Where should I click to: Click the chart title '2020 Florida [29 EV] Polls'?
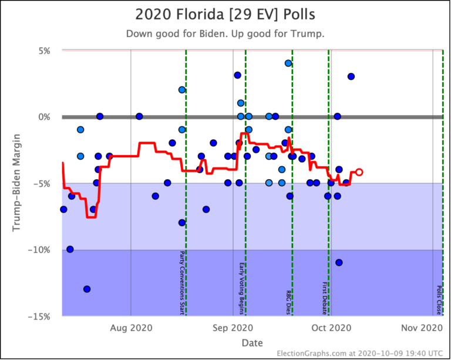coord(225,15)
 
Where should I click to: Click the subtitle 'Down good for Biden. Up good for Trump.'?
coord(225,33)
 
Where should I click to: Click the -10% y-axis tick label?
coord(41,250)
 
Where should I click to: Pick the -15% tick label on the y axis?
coord(41,316)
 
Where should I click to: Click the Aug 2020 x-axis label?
coord(130,328)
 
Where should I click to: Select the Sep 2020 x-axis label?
coord(233,328)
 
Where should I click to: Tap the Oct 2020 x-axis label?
coord(328,328)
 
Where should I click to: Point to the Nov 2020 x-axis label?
coord(432,328)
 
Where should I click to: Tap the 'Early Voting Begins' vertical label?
coord(241,288)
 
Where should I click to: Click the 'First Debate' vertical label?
coord(324,298)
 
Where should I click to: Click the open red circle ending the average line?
coord(359,172)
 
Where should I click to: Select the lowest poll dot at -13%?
coord(87,289)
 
